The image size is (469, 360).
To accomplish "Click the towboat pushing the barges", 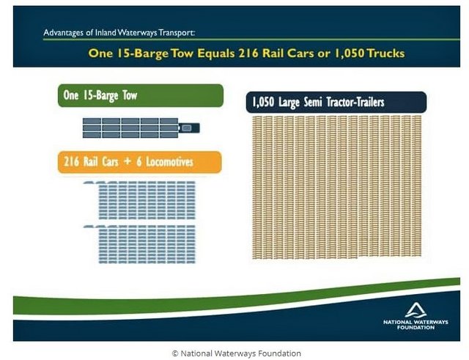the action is click(x=189, y=128).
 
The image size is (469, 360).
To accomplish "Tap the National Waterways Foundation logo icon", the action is click(x=416, y=310).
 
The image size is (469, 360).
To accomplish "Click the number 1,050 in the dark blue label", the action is click(x=263, y=103).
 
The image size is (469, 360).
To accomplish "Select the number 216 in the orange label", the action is click(x=72, y=162).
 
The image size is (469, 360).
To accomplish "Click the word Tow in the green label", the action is click(x=130, y=95).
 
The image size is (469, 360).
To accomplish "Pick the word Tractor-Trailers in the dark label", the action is click(x=355, y=103).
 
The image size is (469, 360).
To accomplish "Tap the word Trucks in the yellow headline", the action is click(x=386, y=54).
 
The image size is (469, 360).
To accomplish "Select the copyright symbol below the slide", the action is click(x=175, y=353).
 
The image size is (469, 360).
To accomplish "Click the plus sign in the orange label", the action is click(x=128, y=161).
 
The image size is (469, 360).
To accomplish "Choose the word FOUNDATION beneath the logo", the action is click(x=416, y=328).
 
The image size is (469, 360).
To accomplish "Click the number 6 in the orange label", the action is click(x=139, y=162).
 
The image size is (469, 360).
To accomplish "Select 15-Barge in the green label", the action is click(x=100, y=96).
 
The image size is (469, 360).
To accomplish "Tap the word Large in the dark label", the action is click(x=289, y=103).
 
